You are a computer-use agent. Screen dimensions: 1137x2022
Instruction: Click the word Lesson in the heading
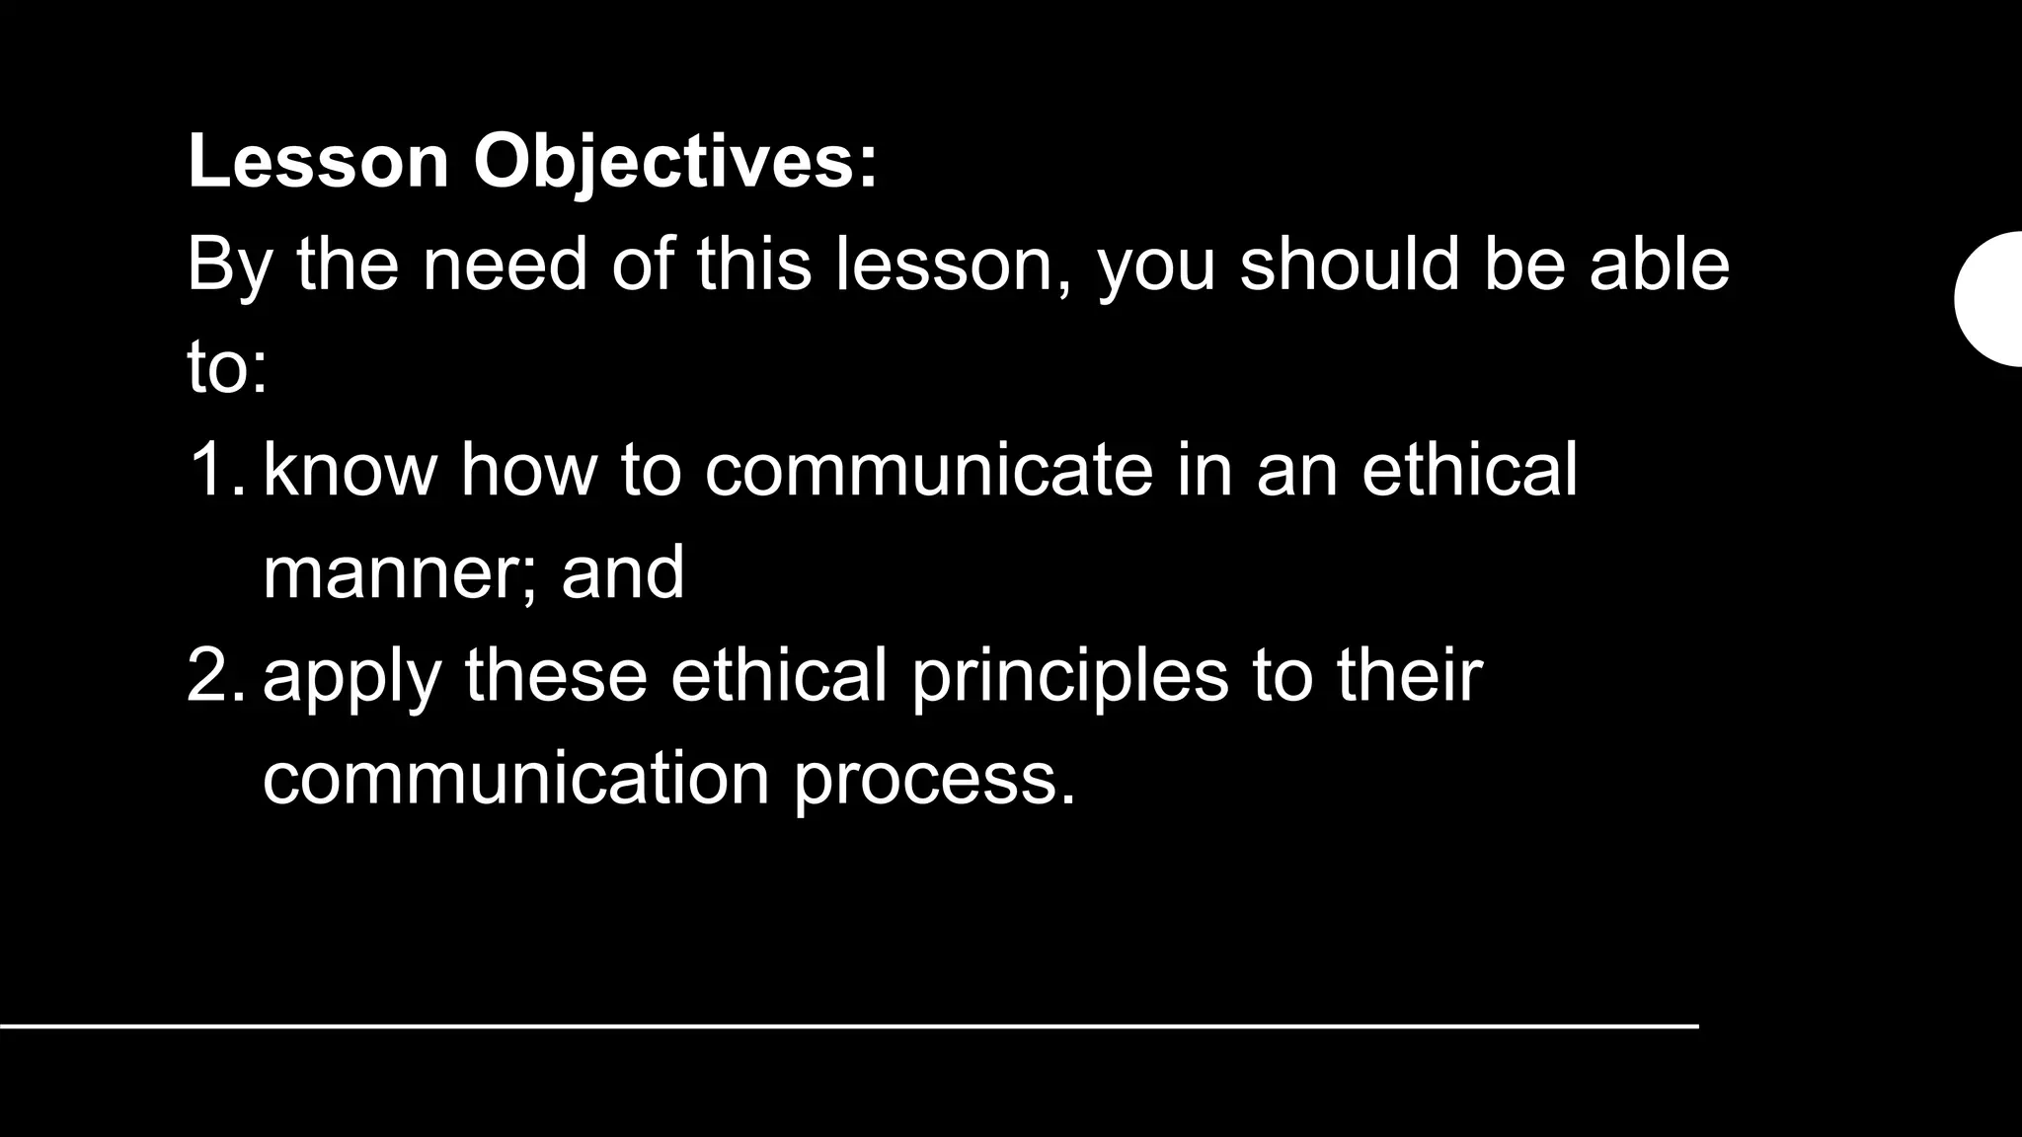pyautogui.click(x=318, y=160)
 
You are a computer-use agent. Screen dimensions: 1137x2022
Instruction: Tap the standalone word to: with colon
pyautogui.click(x=227, y=368)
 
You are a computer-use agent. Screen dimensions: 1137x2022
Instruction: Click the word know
pyautogui.click(x=350, y=469)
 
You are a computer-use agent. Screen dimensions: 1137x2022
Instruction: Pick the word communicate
pyautogui.click(x=928, y=469)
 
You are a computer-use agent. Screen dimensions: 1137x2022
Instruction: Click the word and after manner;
pyautogui.click(x=623, y=572)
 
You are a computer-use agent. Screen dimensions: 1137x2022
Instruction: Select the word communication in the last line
pyautogui.click(x=515, y=779)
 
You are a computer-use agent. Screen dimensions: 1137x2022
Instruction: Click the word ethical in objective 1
pyautogui.click(x=1469, y=469)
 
